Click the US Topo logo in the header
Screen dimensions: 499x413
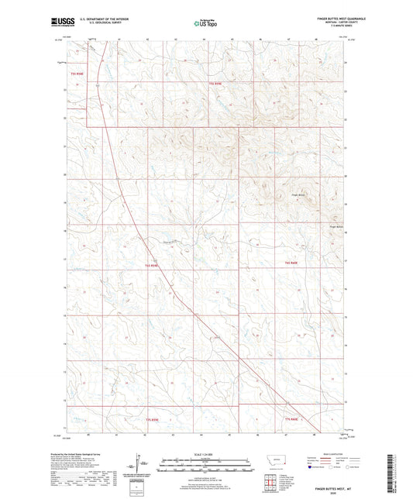click(205, 23)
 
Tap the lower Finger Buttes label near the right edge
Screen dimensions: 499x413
click(336, 226)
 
